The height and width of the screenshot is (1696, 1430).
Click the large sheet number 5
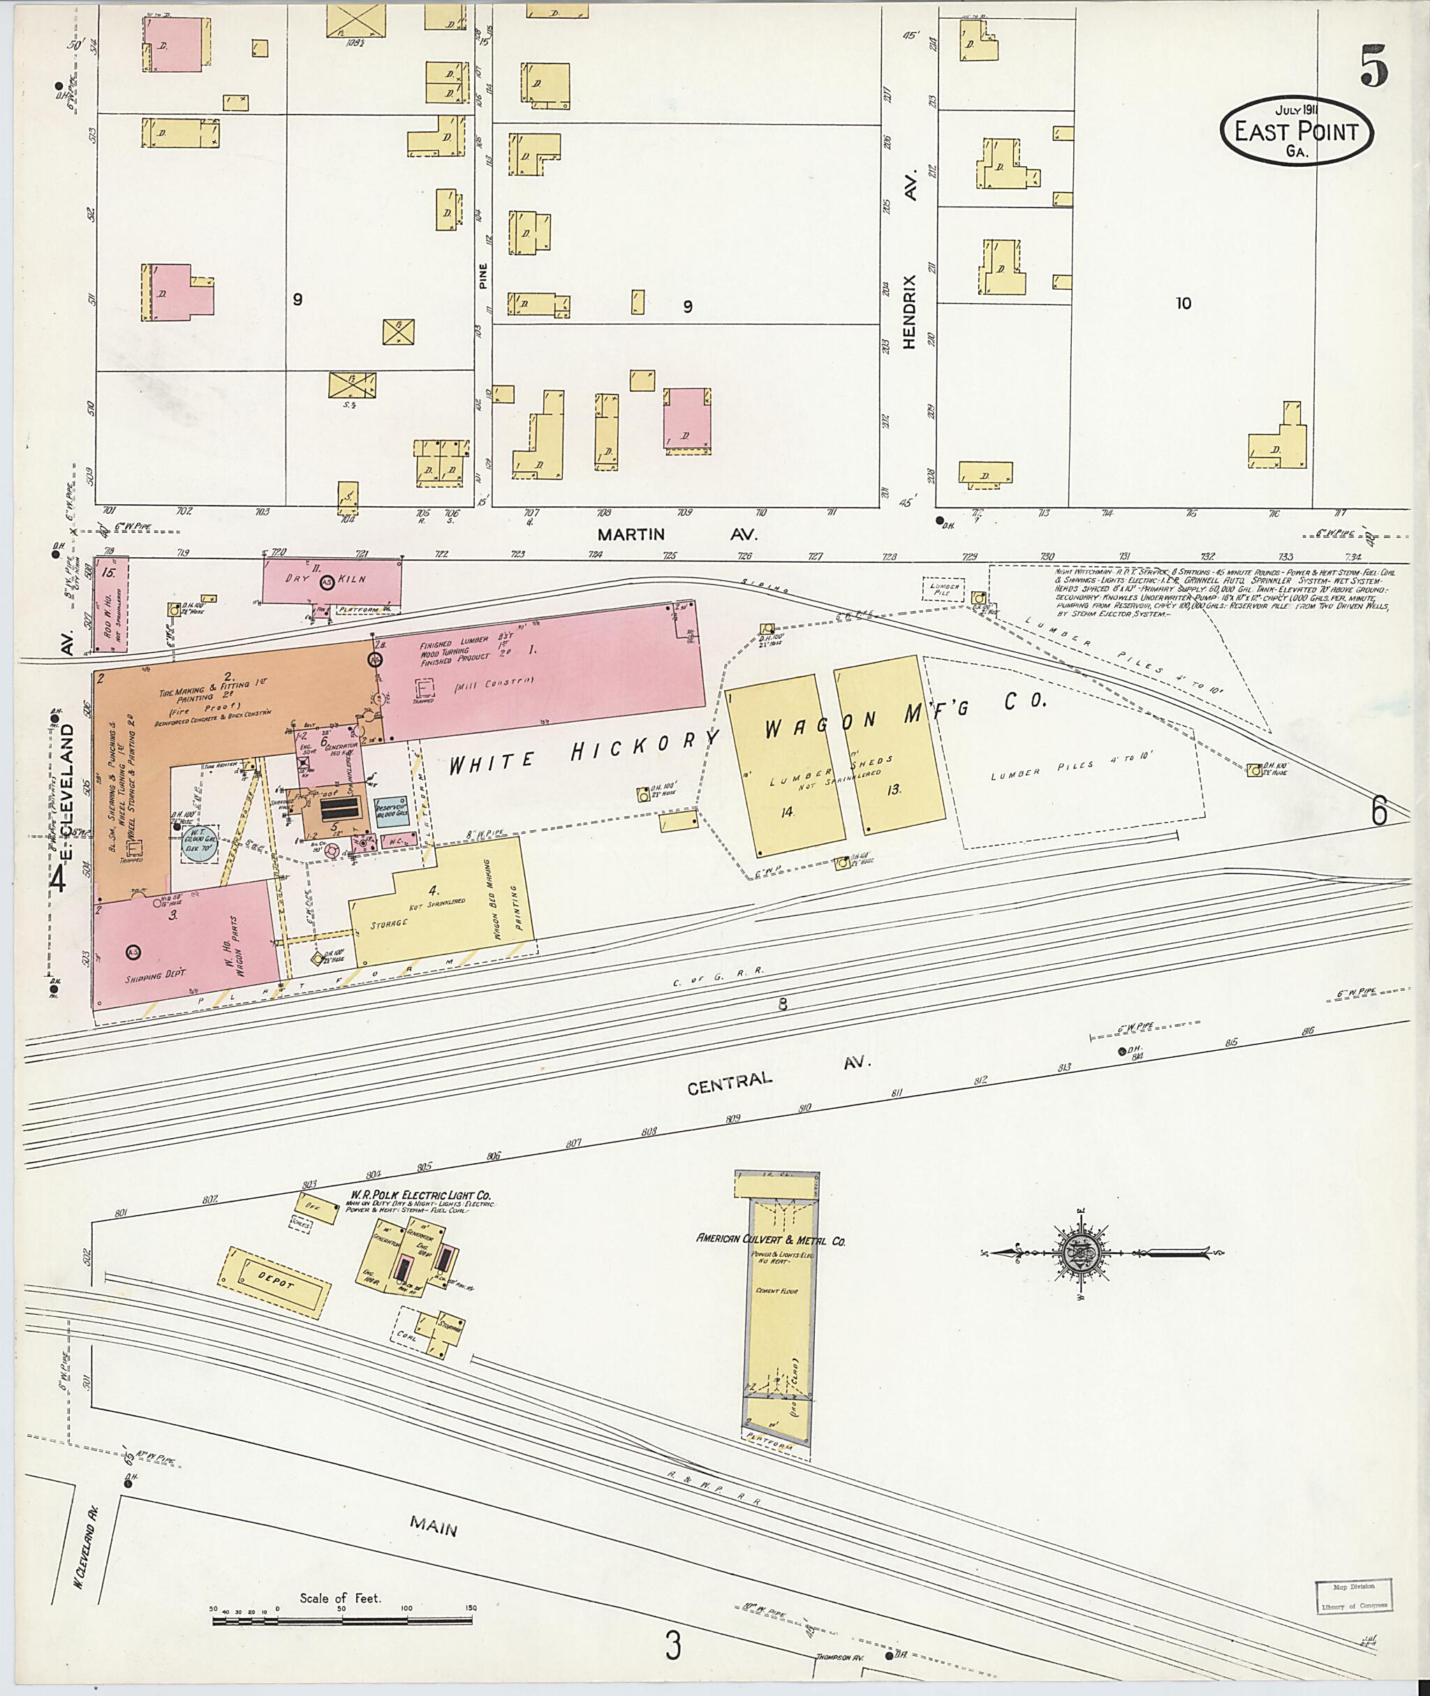[1374, 66]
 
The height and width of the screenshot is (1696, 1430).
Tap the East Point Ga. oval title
[1297, 132]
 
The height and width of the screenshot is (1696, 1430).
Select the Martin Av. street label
[676, 534]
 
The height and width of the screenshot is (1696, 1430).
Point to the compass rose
[1087, 1253]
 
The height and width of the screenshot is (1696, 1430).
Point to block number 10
[1183, 304]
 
